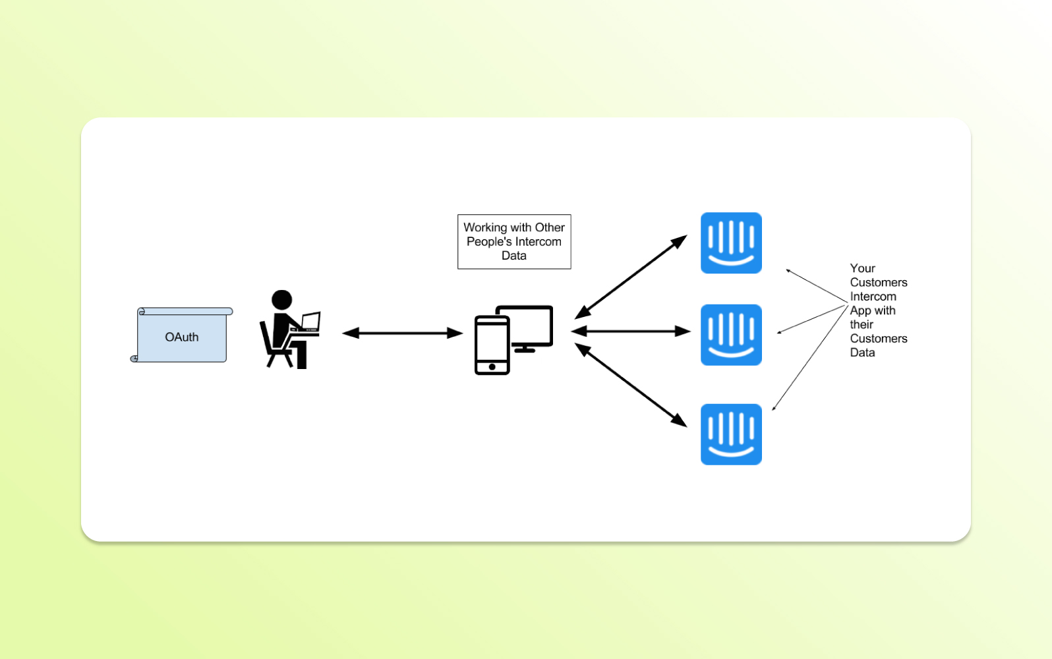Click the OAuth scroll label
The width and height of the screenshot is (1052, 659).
tap(181, 337)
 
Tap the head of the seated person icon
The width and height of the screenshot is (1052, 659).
tap(281, 299)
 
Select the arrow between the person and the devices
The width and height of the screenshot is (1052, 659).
tap(402, 333)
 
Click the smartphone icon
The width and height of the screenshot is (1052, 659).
tap(492, 345)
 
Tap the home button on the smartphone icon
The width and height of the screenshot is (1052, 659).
tap(492, 366)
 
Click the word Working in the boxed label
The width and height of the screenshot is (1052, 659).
tap(485, 227)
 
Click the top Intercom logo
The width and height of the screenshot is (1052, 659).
tap(731, 243)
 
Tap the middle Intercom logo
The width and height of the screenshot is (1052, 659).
tap(731, 335)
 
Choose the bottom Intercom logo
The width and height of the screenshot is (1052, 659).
tap(731, 434)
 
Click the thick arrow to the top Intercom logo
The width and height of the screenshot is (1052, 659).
tap(630, 277)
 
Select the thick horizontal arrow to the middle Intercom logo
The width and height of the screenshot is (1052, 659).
tap(630, 331)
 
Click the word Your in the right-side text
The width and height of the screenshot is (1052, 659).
tap(862, 268)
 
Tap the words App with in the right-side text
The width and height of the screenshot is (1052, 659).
tap(872, 310)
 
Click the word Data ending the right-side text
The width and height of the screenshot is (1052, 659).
tap(862, 353)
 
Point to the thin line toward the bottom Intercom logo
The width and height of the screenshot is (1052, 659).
tap(809, 358)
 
